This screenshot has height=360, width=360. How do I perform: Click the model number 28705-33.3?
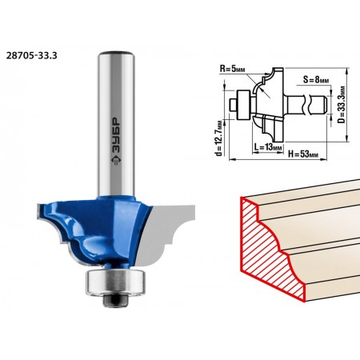pyautogui.click(x=31, y=55)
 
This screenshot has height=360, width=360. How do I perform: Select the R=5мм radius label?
pyautogui.click(x=232, y=69)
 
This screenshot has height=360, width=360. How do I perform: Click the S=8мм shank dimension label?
pyautogui.click(x=316, y=79)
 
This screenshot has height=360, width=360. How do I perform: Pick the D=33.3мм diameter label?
pyautogui.click(x=341, y=104)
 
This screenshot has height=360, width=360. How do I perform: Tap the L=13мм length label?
pyautogui.click(x=268, y=147)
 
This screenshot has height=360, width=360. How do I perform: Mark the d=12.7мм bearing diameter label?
pyautogui.click(x=218, y=138)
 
